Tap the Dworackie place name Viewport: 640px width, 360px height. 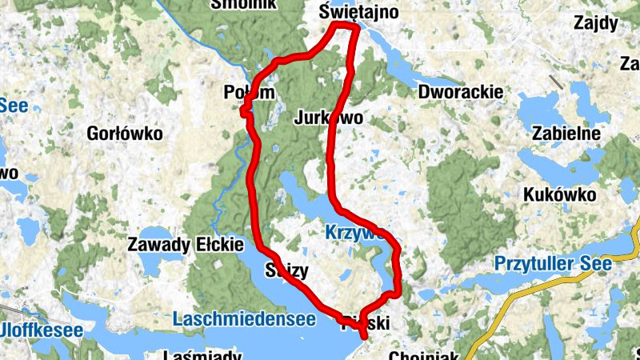461,92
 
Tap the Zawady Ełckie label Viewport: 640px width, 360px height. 174,246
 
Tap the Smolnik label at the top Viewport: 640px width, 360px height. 243,4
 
